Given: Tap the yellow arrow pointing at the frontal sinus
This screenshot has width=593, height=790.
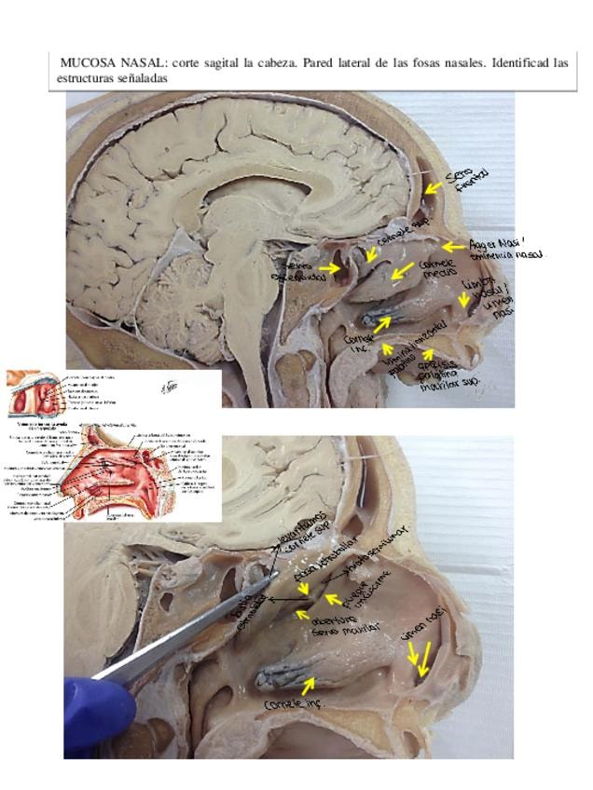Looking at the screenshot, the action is (433, 187).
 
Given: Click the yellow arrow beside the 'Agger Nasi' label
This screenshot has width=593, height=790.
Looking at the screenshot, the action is (452, 247).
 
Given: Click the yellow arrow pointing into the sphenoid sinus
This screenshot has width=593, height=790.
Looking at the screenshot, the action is (330, 268).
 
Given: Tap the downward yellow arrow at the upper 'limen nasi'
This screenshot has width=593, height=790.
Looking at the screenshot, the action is (463, 301).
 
